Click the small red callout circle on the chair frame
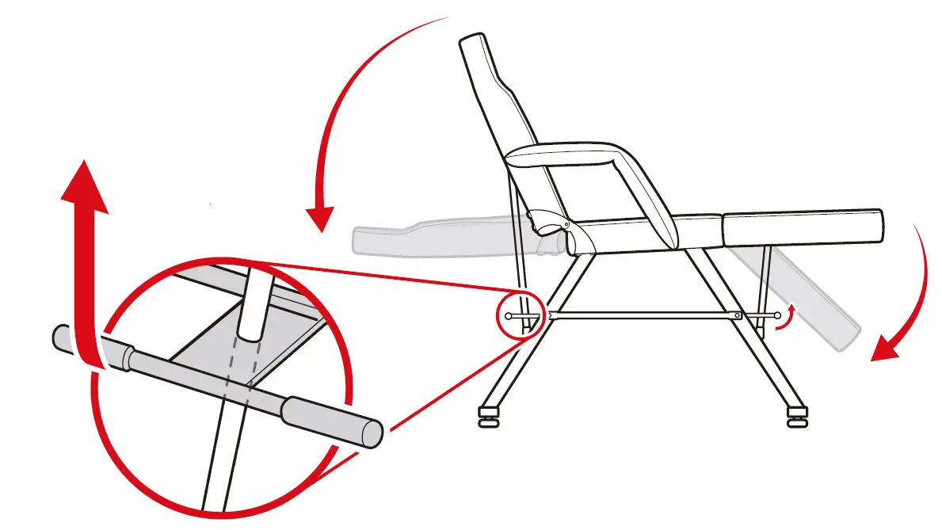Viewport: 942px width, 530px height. pyautogui.click(x=518, y=316)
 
